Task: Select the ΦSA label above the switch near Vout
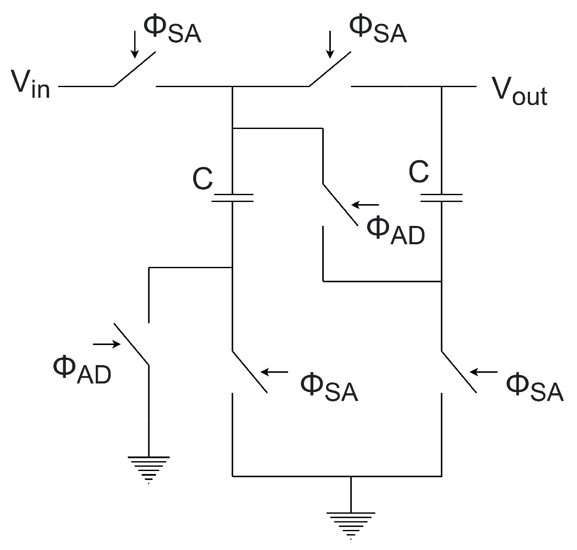click(x=377, y=29)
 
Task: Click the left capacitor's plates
click(x=233, y=197)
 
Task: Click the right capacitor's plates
click(x=442, y=197)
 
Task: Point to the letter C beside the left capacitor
click(x=202, y=179)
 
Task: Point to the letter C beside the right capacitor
click(x=418, y=172)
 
